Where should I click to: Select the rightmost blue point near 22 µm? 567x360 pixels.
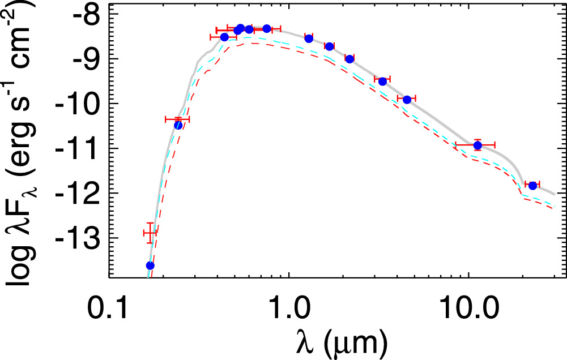tap(532, 186)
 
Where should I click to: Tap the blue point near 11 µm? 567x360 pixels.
tap(478, 145)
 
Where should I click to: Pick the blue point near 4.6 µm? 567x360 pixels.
tap(407, 100)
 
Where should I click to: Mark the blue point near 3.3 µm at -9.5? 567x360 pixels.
tap(382, 82)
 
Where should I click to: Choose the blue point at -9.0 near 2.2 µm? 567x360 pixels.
tap(349, 59)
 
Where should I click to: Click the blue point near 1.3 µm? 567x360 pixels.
tap(309, 38)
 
